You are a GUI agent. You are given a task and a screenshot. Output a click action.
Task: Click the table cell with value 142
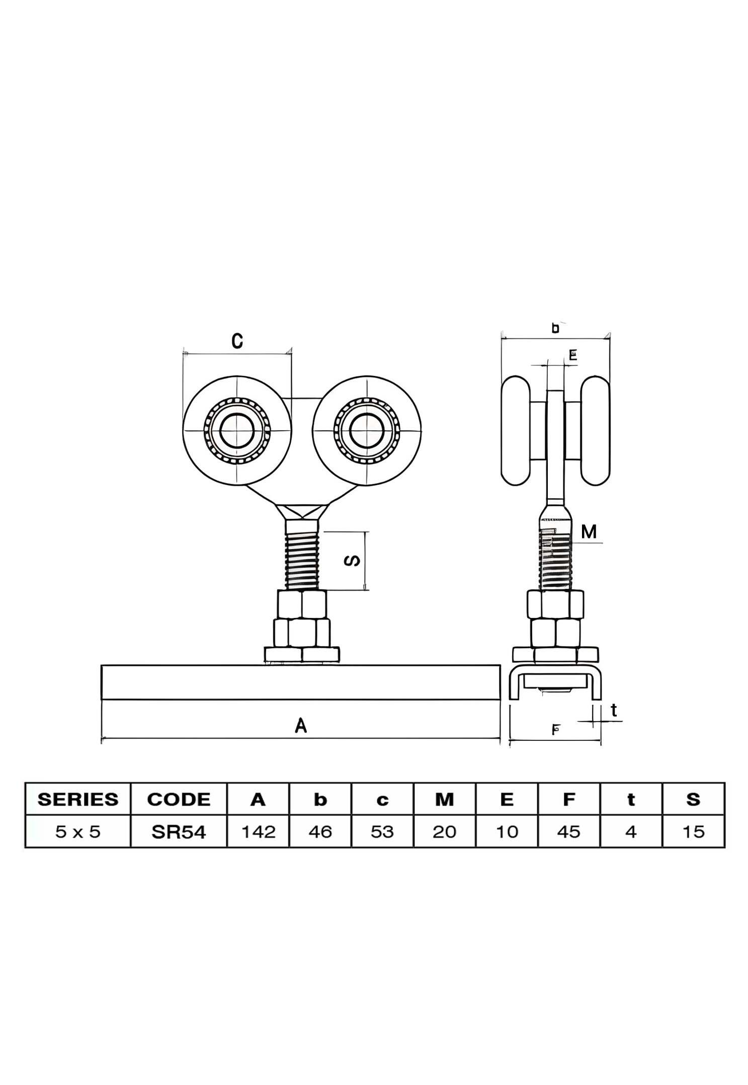pos(258,831)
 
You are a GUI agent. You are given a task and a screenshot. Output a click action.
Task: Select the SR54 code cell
pos(179,831)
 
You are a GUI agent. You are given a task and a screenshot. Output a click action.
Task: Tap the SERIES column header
pos(78,799)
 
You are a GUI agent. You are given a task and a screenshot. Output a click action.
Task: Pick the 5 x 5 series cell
pos(78,831)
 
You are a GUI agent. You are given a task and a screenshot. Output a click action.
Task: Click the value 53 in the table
pos(382,831)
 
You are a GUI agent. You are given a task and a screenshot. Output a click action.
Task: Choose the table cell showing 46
pos(320,831)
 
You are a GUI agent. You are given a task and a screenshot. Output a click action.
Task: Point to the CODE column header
pos(179,799)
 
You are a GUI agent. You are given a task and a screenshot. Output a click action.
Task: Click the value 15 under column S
pos(693,831)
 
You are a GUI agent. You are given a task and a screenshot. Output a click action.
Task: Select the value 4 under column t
pos(631,831)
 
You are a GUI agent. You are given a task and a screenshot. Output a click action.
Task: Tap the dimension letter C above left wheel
pos(237,341)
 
